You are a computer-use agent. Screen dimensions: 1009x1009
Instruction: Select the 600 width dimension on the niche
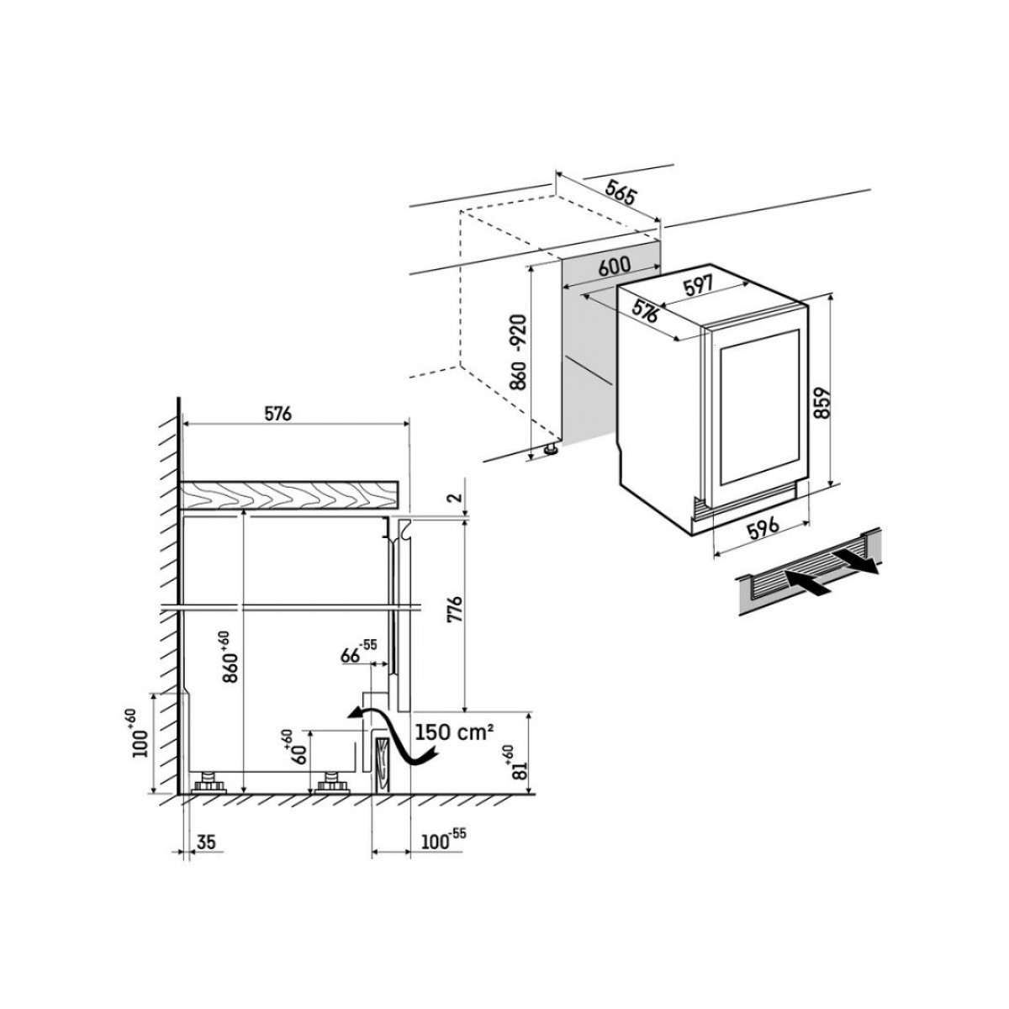[x=615, y=265]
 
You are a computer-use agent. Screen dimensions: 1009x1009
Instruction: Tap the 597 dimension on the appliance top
[x=698, y=286]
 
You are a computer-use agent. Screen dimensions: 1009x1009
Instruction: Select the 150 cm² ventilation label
[x=454, y=732]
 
